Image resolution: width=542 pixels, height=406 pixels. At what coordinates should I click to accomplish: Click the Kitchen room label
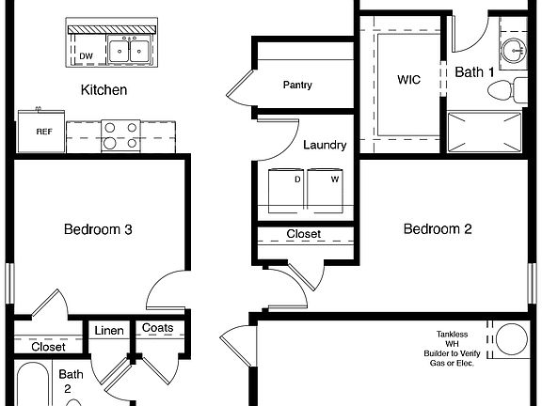(x=104, y=90)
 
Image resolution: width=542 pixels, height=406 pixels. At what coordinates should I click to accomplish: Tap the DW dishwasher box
(x=86, y=55)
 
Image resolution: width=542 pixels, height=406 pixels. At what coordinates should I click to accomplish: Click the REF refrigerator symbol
(x=43, y=132)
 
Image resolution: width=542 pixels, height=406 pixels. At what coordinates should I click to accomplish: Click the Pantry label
(x=297, y=86)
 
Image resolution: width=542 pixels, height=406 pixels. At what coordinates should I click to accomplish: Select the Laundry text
(x=325, y=145)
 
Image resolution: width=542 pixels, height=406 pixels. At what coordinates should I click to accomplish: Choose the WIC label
(x=409, y=80)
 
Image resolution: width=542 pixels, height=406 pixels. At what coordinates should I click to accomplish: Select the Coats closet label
(x=156, y=328)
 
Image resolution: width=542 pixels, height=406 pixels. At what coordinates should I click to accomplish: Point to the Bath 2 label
(x=73, y=381)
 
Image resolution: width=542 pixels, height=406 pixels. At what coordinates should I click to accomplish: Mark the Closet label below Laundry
(x=303, y=234)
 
